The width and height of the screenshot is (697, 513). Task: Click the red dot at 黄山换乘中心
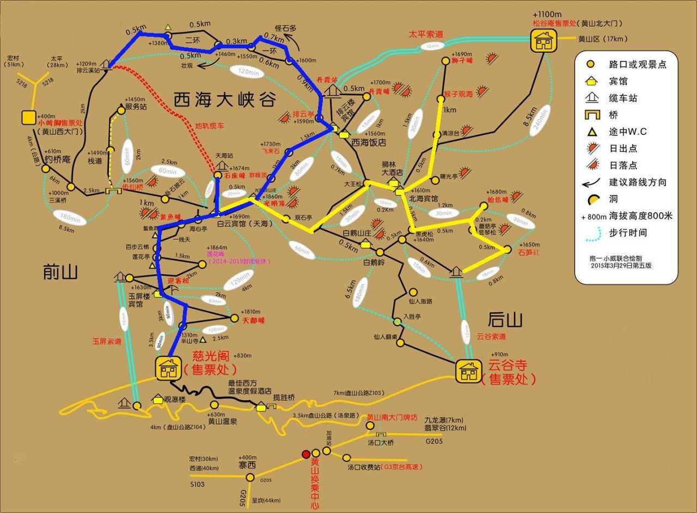(x=306, y=454)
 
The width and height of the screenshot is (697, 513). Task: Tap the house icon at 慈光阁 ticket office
(x=168, y=368)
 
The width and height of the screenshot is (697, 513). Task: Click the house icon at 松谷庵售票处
(x=543, y=40)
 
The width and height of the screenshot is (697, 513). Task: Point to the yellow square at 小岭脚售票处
(x=28, y=118)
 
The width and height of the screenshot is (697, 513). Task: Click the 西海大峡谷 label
(x=225, y=100)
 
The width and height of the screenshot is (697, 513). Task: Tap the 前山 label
(x=61, y=272)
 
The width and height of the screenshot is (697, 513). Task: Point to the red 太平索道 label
(x=426, y=34)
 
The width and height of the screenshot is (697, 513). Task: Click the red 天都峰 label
(x=253, y=322)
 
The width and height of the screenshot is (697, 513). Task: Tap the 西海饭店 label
(x=369, y=143)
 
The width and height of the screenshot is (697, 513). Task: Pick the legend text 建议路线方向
(x=638, y=182)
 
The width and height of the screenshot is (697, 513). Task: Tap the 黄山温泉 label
(x=222, y=421)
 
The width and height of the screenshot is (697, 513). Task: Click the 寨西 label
(x=247, y=465)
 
